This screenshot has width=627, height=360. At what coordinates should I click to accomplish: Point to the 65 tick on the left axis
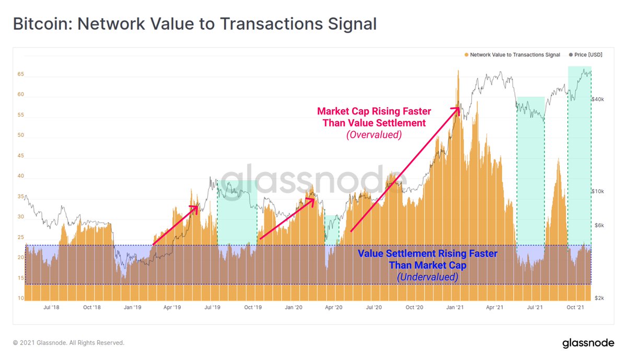click(x=20, y=75)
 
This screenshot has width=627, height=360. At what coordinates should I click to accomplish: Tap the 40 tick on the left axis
click(x=20, y=176)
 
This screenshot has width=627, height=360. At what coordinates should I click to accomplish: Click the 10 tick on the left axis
click(x=20, y=298)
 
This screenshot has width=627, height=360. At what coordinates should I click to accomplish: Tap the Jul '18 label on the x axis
click(x=51, y=308)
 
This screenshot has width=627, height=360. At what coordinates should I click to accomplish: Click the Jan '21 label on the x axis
click(x=455, y=308)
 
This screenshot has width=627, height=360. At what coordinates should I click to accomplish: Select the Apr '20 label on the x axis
click(x=333, y=308)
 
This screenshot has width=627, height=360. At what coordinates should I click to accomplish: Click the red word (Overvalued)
click(x=374, y=135)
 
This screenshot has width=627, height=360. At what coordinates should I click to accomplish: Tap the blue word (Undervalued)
click(x=427, y=277)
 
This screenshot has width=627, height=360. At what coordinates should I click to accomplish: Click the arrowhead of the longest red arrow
click(x=457, y=109)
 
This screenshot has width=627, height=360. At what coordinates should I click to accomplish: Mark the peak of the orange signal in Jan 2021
click(x=458, y=71)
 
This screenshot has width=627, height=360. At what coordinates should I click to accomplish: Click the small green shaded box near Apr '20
click(x=332, y=229)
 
